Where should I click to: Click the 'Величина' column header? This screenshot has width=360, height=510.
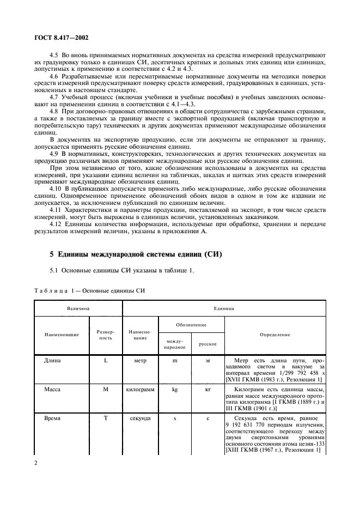coord(78,308)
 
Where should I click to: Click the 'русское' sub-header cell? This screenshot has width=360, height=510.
coord(208,344)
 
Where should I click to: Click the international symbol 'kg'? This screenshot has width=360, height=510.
coord(174,390)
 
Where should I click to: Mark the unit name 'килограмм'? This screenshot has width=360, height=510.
coord(141,390)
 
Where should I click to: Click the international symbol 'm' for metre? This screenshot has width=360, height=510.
coord(174,361)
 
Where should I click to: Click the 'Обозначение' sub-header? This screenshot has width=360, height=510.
coord(191,325)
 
